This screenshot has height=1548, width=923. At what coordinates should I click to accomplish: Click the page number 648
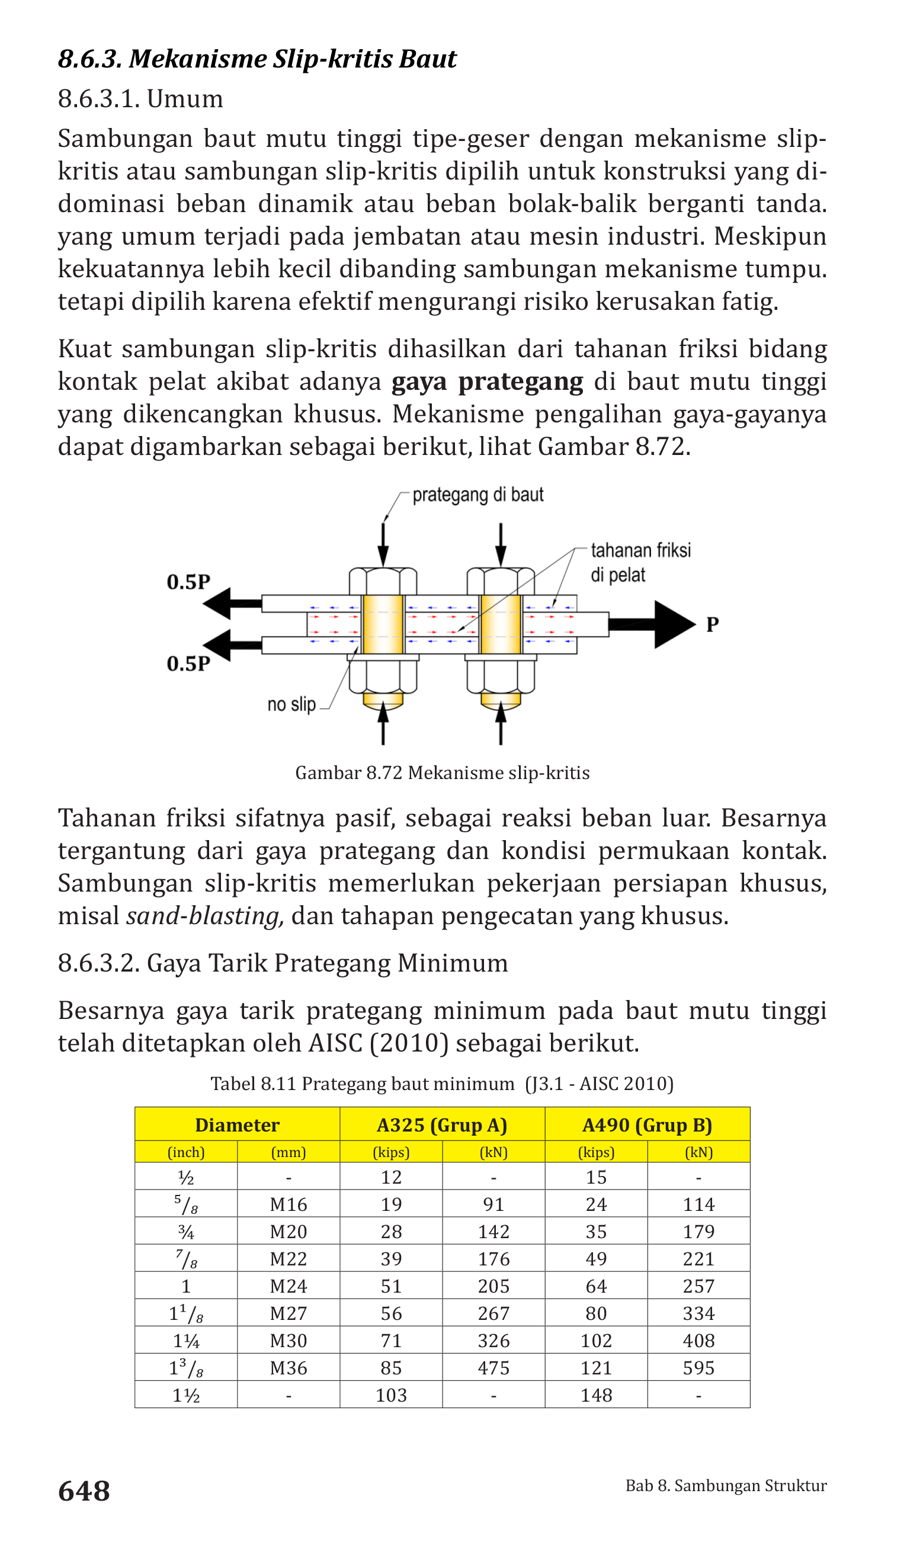point(84,1491)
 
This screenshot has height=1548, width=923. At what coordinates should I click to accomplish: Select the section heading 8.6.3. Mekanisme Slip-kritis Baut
point(257,59)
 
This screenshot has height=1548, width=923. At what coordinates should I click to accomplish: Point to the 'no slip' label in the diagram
point(291,704)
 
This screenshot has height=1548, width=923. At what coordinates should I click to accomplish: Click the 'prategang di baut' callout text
point(477,495)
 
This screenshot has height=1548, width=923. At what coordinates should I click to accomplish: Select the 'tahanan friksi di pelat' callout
point(640,562)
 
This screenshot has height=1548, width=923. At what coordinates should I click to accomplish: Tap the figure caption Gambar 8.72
point(442,773)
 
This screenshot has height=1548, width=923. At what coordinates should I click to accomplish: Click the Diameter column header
point(237,1125)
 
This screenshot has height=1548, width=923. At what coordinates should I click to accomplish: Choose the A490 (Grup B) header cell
point(647,1125)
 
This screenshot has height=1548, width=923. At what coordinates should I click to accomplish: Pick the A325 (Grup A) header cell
point(441,1125)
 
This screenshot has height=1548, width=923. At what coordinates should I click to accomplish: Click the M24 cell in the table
point(289,1286)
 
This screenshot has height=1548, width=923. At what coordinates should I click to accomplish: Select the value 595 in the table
point(698,1368)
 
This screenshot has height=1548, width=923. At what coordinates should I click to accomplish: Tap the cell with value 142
point(494,1232)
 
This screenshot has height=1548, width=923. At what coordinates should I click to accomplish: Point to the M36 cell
point(289,1368)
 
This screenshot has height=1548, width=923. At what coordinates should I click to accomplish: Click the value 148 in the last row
point(596,1395)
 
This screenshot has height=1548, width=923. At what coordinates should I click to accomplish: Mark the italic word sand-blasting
point(204,916)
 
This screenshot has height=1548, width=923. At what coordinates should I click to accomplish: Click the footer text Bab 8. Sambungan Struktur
point(726,1485)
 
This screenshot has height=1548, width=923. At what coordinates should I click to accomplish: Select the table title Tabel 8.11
point(441,1084)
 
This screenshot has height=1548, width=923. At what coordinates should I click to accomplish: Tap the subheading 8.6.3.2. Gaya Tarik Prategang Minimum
point(283,963)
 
